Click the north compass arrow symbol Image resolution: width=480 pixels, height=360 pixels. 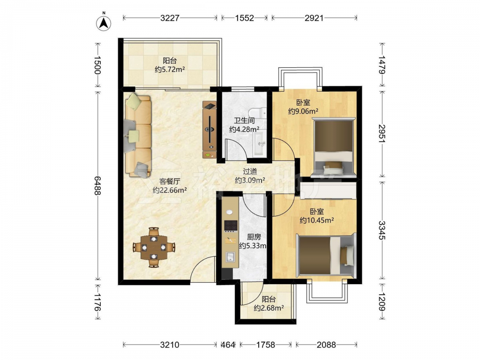[104, 23]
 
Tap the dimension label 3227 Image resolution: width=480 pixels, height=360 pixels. [170, 18]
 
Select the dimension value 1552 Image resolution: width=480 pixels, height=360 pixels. [245, 18]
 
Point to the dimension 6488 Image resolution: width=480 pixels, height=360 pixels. [97, 185]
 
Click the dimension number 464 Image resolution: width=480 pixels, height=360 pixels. [228, 345]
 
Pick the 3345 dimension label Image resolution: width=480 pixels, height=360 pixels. [382, 230]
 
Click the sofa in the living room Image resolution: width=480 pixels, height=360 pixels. [138, 136]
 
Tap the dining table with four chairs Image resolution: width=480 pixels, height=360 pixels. [154, 247]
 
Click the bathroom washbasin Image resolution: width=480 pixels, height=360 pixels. [260, 143]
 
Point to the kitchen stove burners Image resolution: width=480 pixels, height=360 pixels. [231, 226]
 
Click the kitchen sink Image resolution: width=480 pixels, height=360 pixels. [230, 256]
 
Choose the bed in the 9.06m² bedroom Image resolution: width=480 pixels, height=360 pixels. [334, 147]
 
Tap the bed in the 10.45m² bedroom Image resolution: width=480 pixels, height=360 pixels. [326, 255]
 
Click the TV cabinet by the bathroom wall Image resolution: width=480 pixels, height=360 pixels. [210, 130]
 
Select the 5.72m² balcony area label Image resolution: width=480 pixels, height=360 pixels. [170, 65]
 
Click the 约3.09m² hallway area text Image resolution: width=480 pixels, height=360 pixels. [250, 180]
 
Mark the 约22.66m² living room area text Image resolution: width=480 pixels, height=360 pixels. [170, 191]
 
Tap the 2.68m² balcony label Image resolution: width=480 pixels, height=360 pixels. [268, 304]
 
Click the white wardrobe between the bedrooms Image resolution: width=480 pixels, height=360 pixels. [328, 191]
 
